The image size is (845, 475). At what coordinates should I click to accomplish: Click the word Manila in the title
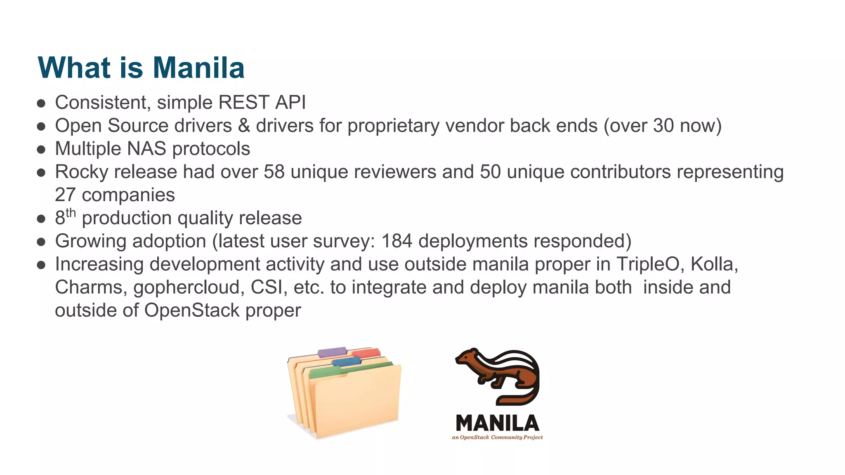pos(199,68)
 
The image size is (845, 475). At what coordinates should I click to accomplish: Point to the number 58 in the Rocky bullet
pos(274,172)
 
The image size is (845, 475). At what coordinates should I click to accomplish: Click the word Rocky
pos(81,172)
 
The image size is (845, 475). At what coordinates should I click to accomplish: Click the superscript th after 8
pos(71,213)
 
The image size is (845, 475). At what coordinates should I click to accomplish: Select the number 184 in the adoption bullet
pos(397,241)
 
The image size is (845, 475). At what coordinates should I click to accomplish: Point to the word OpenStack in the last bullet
pos(191,310)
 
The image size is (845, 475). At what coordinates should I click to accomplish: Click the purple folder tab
pos(332,352)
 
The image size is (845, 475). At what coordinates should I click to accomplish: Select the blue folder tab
pos(347,362)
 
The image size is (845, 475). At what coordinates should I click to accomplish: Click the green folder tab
pos(326,372)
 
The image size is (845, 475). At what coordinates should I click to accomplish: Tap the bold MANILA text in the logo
pos(497,423)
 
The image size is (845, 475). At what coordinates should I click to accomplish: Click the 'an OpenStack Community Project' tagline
pos(497,437)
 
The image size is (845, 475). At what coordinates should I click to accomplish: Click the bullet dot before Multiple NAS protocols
pos(41,149)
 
